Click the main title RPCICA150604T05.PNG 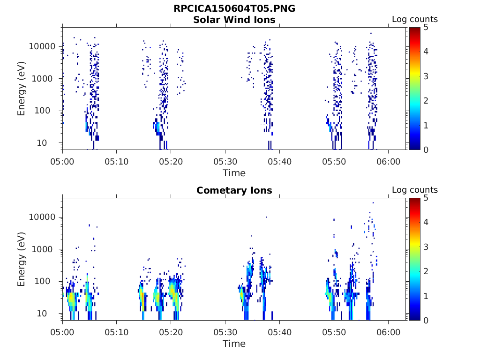point(234,9)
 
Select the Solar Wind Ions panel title point(234,20)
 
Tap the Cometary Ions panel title point(234,190)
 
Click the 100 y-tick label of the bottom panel point(48,281)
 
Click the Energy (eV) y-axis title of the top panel point(22,89)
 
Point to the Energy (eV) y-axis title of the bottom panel point(22,259)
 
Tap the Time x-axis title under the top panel point(234,173)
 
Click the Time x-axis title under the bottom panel point(234,344)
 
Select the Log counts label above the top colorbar point(414,20)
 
